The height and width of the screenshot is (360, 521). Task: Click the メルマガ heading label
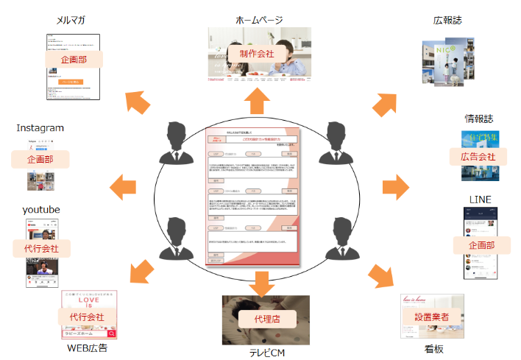[x=71, y=20]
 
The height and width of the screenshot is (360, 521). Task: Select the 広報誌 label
[x=447, y=20]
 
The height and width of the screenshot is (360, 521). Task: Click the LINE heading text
[x=480, y=199]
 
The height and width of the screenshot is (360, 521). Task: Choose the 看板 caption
[x=435, y=349]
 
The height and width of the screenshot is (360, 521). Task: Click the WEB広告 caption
[x=88, y=347]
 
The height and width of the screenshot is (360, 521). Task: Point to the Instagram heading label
[x=40, y=128]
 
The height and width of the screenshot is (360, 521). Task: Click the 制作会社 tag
[x=257, y=54]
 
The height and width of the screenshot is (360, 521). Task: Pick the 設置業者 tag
[x=432, y=316]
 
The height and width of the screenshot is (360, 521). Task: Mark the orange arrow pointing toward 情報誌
[x=395, y=186]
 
